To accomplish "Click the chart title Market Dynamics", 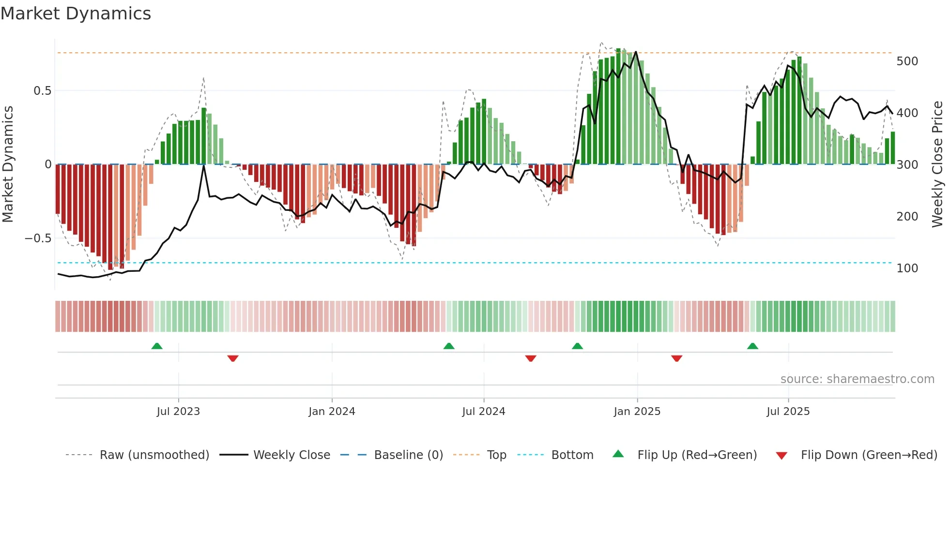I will point(76,14).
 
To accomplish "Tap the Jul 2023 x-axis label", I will point(178,412).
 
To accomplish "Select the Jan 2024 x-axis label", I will point(332,412).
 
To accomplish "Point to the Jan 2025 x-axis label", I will point(637,412).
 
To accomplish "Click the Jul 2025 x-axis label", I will point(788,412).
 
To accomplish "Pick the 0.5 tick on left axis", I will point(42,91).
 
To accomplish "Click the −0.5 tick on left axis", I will point(38,238).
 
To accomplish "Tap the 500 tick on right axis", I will point(907,61).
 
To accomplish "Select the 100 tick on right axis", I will point(907,268).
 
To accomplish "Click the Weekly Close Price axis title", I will point(937,164).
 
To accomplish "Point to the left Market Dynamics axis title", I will point(8,164).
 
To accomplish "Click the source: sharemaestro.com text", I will point(857,379).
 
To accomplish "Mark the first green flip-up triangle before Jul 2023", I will point(157,346).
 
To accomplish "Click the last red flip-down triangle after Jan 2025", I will point(676,358).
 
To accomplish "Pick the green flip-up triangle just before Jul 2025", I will point(752,346).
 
